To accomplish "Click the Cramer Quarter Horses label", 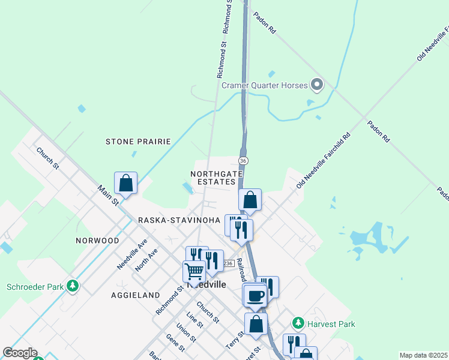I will point(264,85).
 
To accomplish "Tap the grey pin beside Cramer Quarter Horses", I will point(317,85).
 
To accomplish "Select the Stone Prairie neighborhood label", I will point(138,142).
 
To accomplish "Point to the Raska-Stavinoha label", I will point(179,220).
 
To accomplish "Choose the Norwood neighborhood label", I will point(97,241).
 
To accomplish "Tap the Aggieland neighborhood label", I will point(135,295).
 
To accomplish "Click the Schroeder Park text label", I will point(35,287).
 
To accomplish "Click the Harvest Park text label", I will point(331,324).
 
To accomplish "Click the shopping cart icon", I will point(194,271).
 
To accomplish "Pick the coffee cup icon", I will point(255,295).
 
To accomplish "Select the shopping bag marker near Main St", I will point(126,182).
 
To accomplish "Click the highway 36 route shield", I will point(243,161).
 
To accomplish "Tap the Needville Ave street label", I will point(132,253).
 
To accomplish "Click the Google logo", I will point(20,353).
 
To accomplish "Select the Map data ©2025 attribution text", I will point(424,355).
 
